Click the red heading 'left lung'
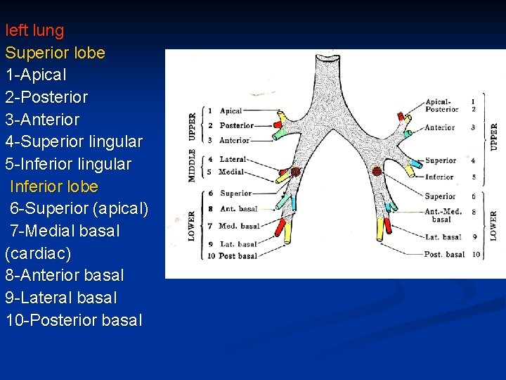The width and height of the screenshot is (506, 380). pos(34,31)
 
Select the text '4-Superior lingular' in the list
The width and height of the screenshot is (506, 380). pos(74,142)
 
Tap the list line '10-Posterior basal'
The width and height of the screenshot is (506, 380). pos(74,321)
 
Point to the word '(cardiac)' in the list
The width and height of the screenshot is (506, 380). pos(38,253)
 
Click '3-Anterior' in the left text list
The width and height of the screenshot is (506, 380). pos(42,120)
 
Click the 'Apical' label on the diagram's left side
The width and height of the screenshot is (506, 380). pos(231,110)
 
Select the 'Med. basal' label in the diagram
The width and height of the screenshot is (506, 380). pos(238,226)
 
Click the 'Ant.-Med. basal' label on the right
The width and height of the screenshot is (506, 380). pos(443,215)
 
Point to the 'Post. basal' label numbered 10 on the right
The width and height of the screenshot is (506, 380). pos(444,254)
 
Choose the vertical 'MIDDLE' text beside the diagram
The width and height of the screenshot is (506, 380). pos(193,165)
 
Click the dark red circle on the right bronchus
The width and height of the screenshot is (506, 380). pos(377,171)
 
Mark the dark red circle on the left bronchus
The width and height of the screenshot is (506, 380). pos(295,171)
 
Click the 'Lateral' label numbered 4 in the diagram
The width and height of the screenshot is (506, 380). pos(233,160)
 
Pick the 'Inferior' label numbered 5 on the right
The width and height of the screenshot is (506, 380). pos(439,177)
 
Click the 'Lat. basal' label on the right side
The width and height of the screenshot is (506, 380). pos(443,237)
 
